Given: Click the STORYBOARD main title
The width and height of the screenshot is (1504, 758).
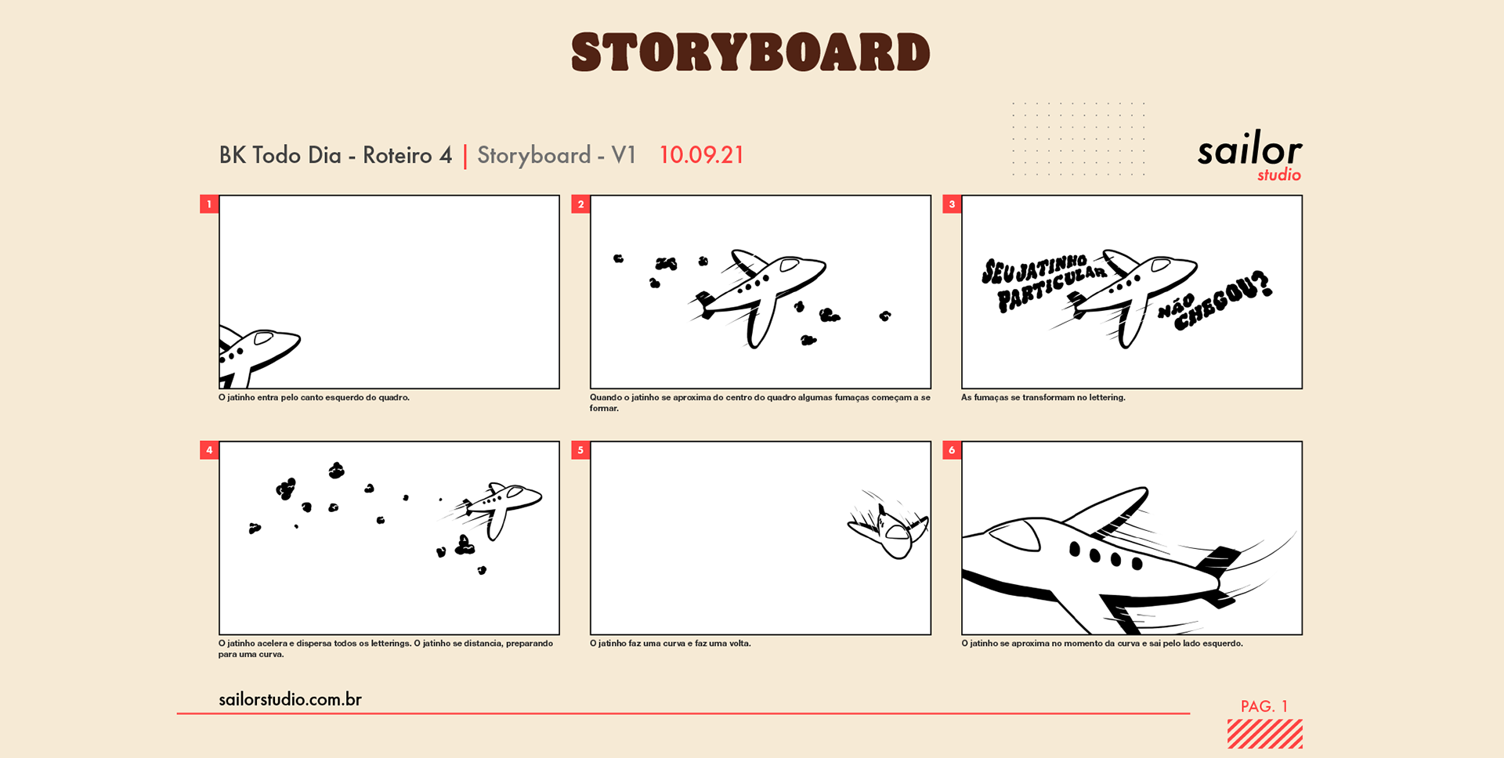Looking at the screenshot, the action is point(750,52).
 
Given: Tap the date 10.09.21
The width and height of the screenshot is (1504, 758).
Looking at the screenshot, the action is point(701,155).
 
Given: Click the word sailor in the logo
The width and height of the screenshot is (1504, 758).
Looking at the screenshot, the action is point(1249,149).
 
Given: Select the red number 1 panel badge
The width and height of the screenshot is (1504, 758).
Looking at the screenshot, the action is point(209,204).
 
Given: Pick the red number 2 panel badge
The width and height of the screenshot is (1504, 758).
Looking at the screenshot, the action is point(580,204).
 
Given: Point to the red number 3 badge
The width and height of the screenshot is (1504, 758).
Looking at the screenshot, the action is point(952,204).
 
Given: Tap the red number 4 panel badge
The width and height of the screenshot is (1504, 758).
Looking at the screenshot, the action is point(209,450).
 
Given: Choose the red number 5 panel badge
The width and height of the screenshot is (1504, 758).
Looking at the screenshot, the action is point(580,450).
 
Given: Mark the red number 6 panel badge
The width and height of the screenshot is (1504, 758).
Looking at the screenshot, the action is point(952,450).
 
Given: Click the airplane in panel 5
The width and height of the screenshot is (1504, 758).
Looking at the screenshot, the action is point(889,526).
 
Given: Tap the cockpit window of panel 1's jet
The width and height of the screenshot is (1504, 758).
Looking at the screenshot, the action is point(263,338).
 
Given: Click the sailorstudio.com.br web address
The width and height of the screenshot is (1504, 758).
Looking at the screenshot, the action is point(290,699).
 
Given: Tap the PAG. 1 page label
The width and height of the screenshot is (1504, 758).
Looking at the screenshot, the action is point(1264,706).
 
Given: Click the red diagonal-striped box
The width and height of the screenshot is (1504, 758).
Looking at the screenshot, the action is point(1265,734).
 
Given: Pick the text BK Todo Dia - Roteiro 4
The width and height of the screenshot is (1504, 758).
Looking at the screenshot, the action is point(335,155).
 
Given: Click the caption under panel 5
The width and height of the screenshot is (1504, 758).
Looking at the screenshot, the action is point(671,644).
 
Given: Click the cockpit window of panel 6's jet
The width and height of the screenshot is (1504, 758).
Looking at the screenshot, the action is point(1016,535).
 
